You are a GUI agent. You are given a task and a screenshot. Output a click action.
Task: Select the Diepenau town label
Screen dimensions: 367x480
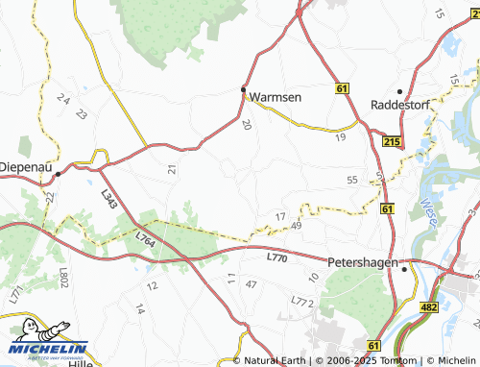point(23,164)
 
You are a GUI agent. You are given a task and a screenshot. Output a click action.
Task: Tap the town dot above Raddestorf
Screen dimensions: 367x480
point(399,91)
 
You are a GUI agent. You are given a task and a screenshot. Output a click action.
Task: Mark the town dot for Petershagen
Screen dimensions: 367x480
point(404,269)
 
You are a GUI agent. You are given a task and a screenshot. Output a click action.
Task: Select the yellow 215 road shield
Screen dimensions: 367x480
point(390,141)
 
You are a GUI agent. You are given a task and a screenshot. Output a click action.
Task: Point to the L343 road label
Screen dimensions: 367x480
point(108,199)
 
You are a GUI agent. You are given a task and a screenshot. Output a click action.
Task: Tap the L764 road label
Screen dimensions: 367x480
point(145,234)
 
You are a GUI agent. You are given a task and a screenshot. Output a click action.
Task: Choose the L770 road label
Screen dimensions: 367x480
point(276,257)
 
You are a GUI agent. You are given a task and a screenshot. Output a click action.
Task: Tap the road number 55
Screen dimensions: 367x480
point(352,180)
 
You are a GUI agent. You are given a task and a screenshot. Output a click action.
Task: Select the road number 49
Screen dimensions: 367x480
point(296,226)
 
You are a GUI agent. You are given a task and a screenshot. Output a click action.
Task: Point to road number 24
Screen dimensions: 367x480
point(64,99)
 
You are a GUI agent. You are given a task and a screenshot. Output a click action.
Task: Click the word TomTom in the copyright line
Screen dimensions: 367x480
point(400,360)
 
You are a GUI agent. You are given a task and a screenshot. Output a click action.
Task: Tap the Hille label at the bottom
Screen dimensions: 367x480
point(84,363)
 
